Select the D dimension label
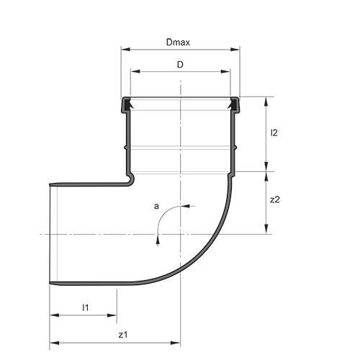coord(180,65)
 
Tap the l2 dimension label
coord(274,133)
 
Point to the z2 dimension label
coord(274,200)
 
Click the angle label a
coord(156,207)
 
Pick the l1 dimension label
coord(84,307)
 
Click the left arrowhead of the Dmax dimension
coord(125,50)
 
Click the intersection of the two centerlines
coord(180,234)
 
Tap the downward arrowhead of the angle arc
coord(157,241)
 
